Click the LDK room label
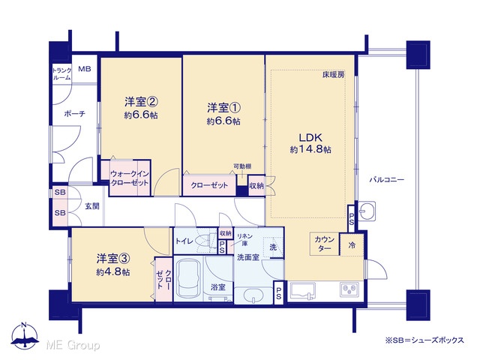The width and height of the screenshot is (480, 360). click(310, 136)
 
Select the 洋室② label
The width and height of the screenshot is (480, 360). click(141, 101)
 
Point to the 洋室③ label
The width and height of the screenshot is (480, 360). click(113, 259)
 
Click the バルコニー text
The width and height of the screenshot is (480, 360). click(387, 179)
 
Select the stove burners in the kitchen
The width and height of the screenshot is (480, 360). click(349, 289)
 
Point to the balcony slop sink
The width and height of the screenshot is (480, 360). click(367, 211)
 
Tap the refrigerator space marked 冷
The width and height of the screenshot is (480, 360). click(352, 245)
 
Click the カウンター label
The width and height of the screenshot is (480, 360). click(324, 244)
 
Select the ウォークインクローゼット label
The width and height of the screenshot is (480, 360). click(129, 178)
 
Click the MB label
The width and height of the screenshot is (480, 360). click(85, 68)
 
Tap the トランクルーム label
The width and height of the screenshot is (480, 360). click(61, 73)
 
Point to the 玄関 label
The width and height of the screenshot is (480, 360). click(91, 206)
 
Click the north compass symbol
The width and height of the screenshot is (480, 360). click(25, 335)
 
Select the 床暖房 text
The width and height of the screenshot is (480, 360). click(333, 74)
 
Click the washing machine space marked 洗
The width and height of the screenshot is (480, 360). click(273, 247)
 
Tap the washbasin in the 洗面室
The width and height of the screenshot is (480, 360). click(253, 295)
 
